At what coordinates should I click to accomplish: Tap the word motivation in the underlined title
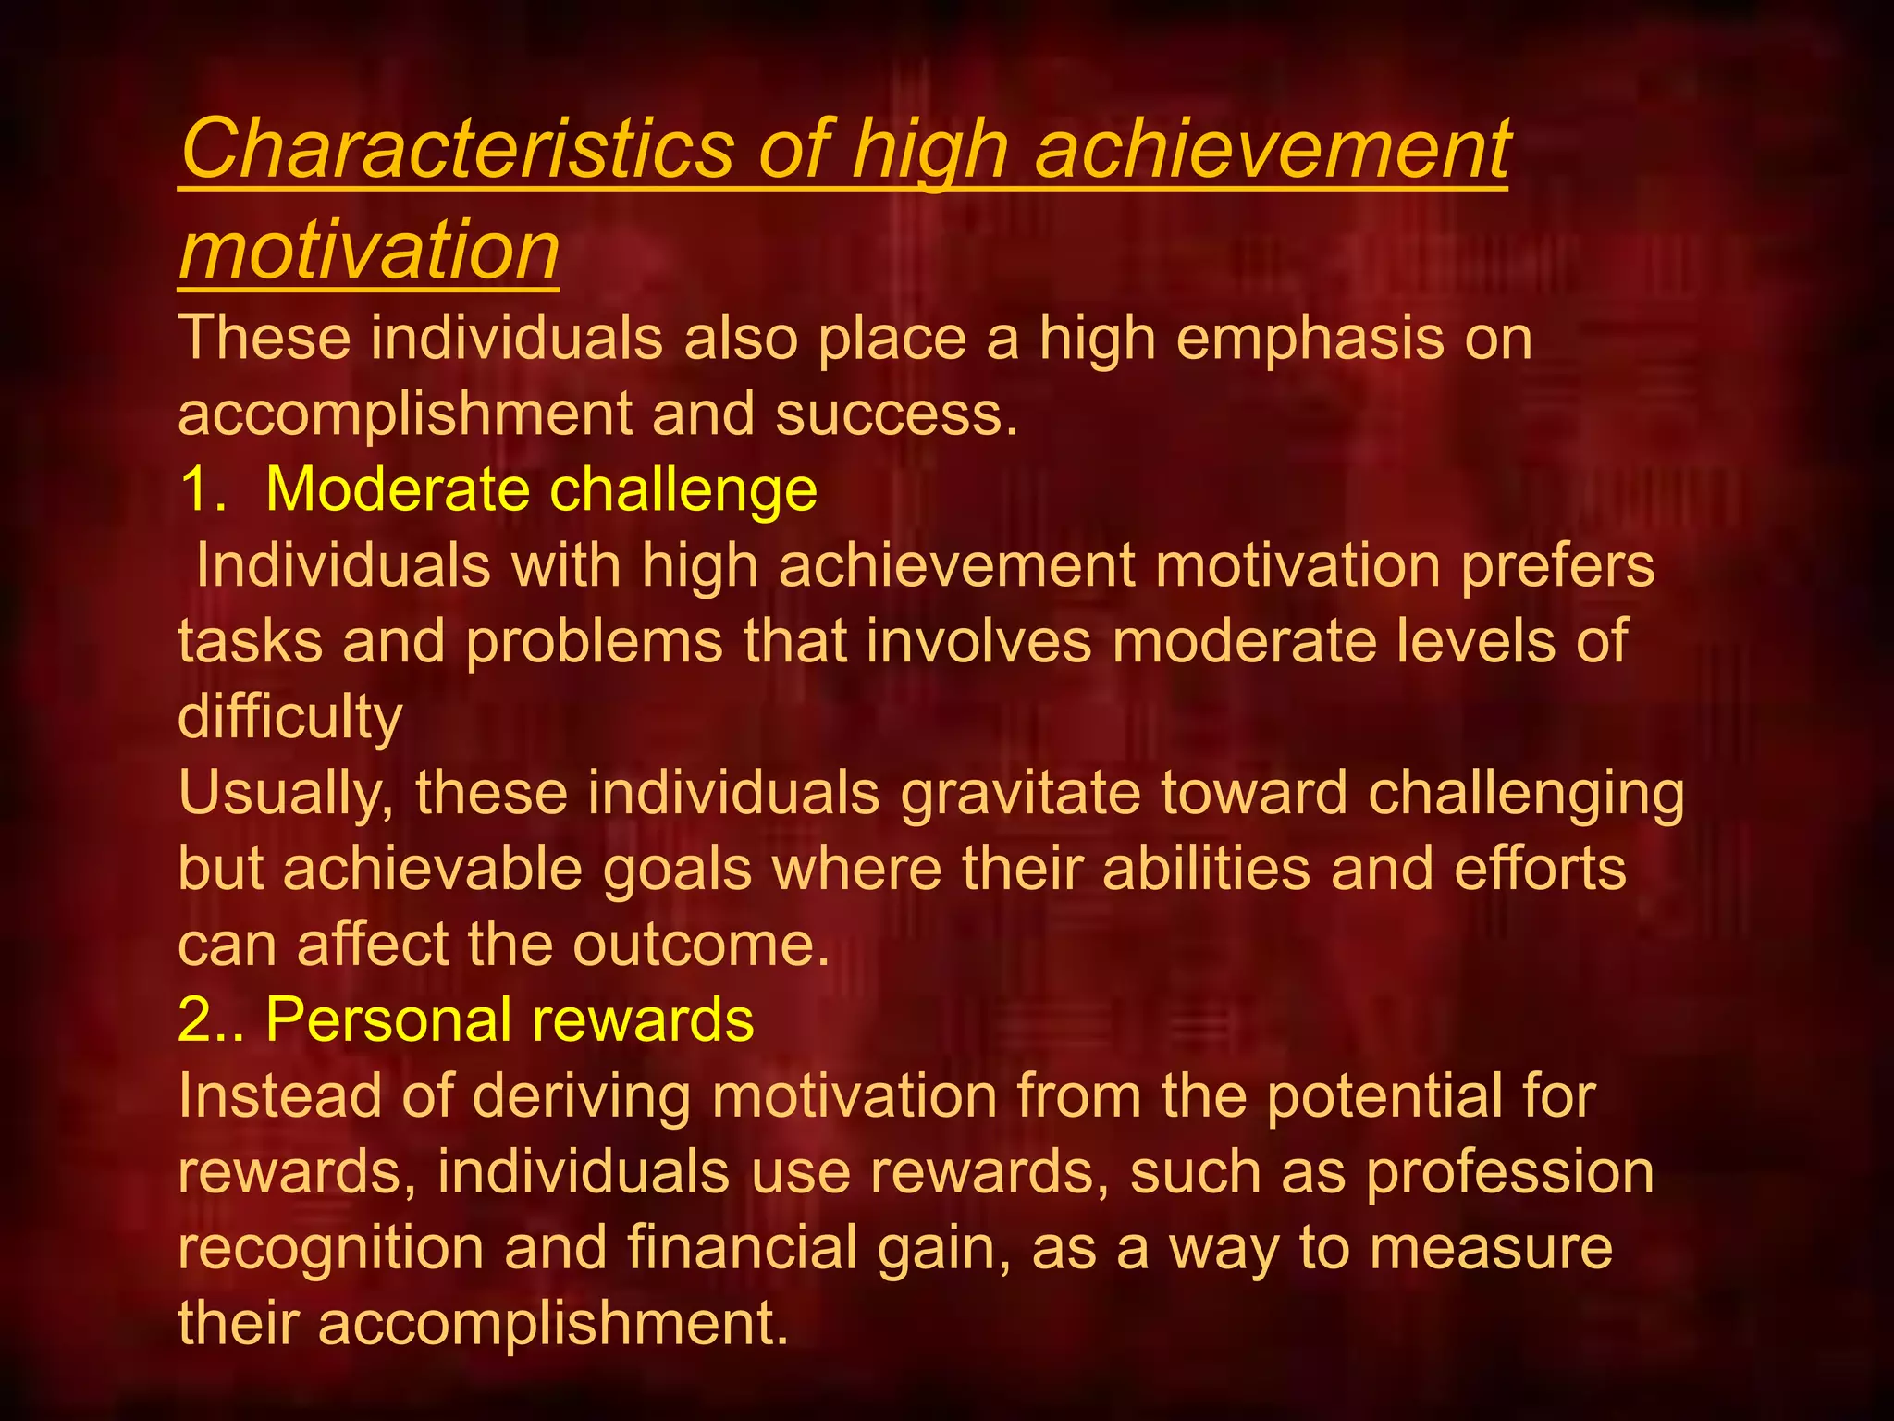[369, 250]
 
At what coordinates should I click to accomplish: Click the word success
[895, 414]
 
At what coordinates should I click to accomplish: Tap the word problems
[594, 641]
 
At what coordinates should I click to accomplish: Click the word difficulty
[289, 717]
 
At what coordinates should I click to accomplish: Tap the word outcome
[700, 945]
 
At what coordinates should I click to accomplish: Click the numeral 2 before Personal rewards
[194, 1020]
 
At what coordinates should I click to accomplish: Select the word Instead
[278, 1096]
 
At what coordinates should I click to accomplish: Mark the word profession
[1509, 1173]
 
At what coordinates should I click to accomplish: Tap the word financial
[742, 1248]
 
